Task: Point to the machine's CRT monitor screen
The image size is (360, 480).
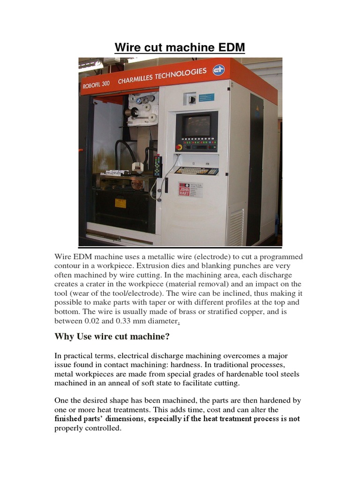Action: [x=196, y=126]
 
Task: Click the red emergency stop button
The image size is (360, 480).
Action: [x=179, y=147]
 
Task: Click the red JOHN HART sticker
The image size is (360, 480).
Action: [x=184, y=189]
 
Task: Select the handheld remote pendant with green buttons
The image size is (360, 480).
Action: [x=158, y=166]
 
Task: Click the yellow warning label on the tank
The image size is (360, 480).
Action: [x=120, y=203]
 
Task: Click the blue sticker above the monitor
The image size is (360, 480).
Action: [x=206, y=97]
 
